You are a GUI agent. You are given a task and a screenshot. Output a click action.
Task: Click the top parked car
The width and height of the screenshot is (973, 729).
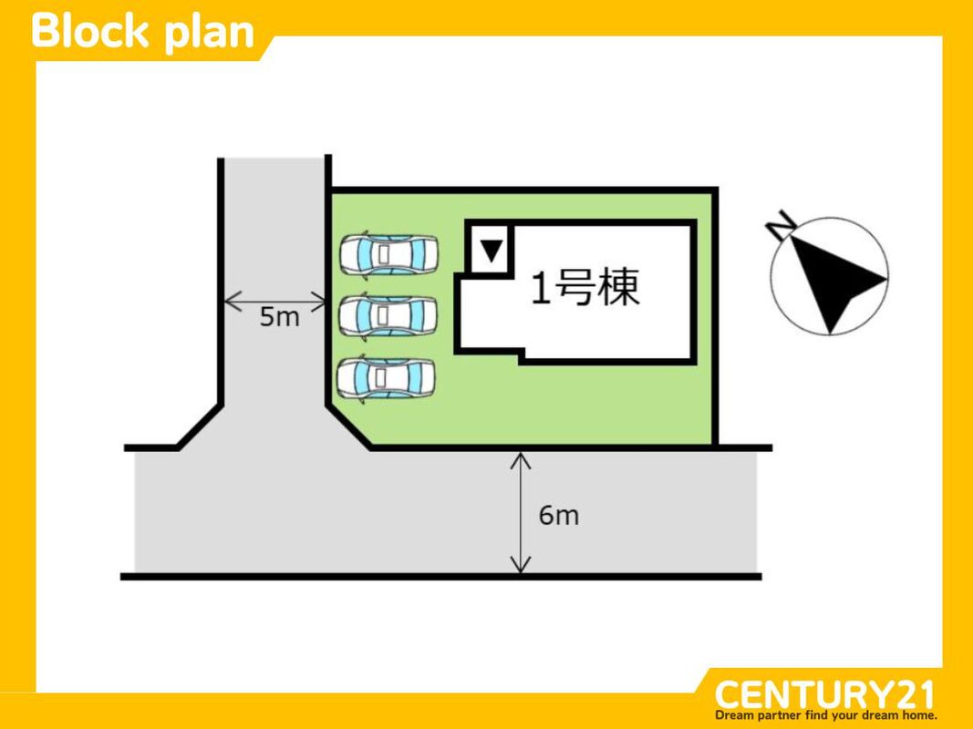[x=388, y=254]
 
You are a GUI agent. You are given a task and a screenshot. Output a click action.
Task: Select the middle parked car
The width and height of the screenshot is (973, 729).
[x=388, y=315]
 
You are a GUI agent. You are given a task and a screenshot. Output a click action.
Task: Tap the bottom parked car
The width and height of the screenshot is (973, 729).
[x=387, y=377]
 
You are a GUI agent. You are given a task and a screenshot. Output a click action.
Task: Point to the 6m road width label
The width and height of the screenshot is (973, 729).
[x=558, y=516]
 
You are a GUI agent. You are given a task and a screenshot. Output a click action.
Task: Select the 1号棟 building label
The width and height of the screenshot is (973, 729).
[x=585, y=288]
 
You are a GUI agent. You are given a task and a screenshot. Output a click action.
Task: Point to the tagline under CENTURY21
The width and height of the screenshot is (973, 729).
[x=826, y=715]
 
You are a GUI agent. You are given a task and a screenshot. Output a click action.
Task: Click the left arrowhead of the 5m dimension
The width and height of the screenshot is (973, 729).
[x=228, y=299]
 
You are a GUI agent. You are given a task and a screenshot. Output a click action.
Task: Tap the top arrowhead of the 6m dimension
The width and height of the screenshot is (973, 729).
[x=520, y=457]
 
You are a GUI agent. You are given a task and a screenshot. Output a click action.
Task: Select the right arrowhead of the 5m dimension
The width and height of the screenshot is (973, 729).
[x=322, y=299]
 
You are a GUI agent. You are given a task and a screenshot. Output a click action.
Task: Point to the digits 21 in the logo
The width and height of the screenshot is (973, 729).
[x=914, y=695]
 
